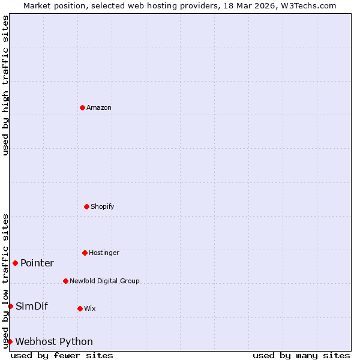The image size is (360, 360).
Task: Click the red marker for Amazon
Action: point(83,107)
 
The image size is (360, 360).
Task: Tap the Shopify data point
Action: point(86,206)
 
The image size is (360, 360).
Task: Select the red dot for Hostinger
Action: point(85,253)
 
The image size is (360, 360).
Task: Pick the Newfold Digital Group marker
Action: point(65,281)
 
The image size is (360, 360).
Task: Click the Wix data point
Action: point(80,308)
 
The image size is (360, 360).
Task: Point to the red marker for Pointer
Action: point(15,263)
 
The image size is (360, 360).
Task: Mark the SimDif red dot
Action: point(10,306)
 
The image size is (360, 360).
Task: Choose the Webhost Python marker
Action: point(10,341)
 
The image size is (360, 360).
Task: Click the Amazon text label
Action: point(99,108)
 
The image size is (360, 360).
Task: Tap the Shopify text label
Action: point(103,207)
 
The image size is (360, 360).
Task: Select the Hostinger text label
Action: point(104,253)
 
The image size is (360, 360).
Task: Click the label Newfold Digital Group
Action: point(104,281)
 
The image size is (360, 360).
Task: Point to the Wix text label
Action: point(90,309)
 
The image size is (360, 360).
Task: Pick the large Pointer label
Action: point(37,263)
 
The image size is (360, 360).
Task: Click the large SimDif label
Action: point(32,307)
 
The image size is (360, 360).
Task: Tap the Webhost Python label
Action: point(54,342)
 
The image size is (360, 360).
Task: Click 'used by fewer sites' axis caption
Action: point(62,356)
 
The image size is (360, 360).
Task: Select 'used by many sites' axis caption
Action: point(301,356)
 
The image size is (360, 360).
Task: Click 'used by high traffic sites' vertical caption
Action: point(5,85)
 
